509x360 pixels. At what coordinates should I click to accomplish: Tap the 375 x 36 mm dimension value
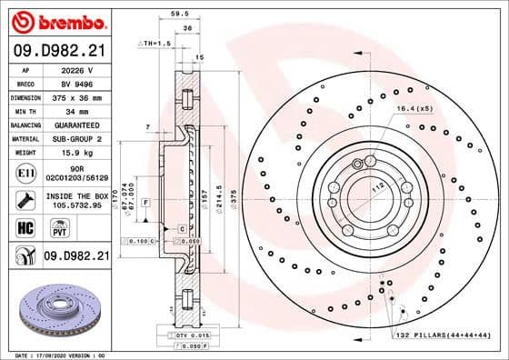[76, 95]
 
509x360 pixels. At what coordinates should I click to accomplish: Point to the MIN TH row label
[25, 110]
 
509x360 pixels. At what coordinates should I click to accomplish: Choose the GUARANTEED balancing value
[76, 124]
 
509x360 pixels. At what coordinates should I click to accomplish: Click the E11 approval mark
[25, 173]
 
